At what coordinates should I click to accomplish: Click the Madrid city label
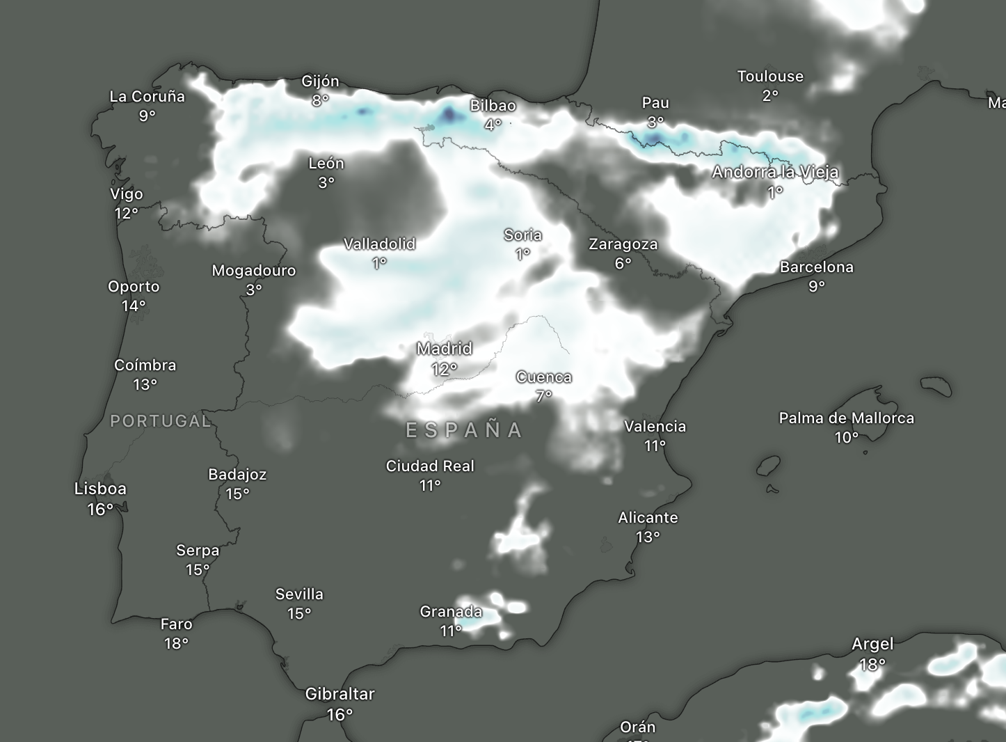[x=445, y=348]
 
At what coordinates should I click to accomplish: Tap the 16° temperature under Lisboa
[x=100, y=510]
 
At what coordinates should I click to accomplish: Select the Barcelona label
[x=816, y=267]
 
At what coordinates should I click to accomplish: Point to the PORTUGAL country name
[x=161, y=421]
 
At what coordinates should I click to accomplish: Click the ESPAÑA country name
[x=464, y=430]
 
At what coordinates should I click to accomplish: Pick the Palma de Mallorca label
[x=846, y=418]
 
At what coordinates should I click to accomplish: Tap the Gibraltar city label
[x=340, y=694]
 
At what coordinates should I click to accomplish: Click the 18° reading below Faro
[x=176, y=643]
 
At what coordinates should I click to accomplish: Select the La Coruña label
[x=147, y=97]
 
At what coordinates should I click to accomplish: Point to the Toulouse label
[x=770, y=77]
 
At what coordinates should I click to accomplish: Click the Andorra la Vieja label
[x=775, y=172]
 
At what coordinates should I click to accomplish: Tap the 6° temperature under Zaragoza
[x=623, y=263]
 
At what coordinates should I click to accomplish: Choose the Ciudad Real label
[x=430, y=466]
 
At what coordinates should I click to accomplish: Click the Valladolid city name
[x=379, y=244]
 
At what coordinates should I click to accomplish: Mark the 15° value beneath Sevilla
[x=299, y=613]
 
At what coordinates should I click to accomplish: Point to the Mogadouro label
[x=254, y=271]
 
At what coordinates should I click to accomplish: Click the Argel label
[x=872, y=645]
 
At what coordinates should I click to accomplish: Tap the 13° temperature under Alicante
[x=648, y=537]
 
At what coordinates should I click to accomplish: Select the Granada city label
[x=451, y=612]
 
